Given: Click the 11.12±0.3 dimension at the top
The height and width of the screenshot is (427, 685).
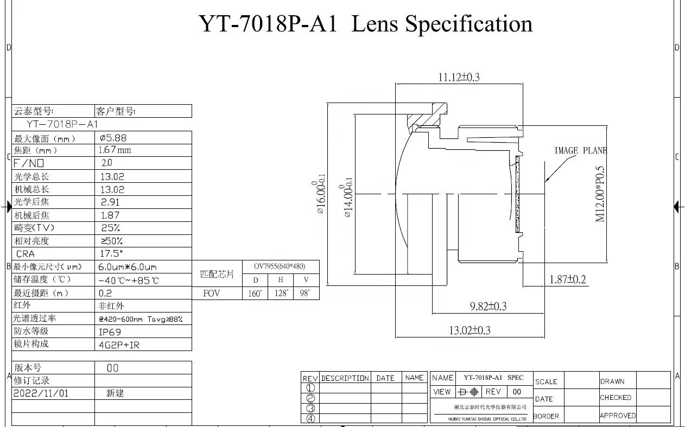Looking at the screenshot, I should point(459,77).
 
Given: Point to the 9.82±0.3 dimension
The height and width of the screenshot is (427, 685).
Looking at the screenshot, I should point(488,307).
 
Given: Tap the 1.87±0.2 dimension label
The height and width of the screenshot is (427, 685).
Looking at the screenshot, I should point(568,279).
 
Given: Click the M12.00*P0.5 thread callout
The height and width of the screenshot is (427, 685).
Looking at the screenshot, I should point(600,194).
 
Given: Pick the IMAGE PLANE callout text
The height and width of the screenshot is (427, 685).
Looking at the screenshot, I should point(580,151).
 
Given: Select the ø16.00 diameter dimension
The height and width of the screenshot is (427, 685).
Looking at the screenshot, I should point(321,197).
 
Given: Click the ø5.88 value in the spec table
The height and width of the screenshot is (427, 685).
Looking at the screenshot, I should point(113,138).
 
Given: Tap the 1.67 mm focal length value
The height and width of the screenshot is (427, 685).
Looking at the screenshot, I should point(115,150).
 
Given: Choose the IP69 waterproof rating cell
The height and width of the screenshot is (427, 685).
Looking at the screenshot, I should point(110,332).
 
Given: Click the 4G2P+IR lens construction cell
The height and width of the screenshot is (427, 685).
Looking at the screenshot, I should point(118,345).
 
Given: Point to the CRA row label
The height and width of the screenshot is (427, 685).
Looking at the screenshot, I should point(25,254).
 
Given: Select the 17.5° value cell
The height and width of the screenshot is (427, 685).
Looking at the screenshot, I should point(112,253).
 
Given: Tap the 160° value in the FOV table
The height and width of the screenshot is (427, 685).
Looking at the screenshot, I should point(255,294).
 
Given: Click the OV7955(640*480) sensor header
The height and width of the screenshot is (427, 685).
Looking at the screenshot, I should point(280,266).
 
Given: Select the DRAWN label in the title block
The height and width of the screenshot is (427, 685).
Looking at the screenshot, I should point(612,381).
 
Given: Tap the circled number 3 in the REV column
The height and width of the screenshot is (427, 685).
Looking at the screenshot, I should point(310,408).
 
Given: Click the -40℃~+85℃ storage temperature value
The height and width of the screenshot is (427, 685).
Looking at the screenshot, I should point(129,280).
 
